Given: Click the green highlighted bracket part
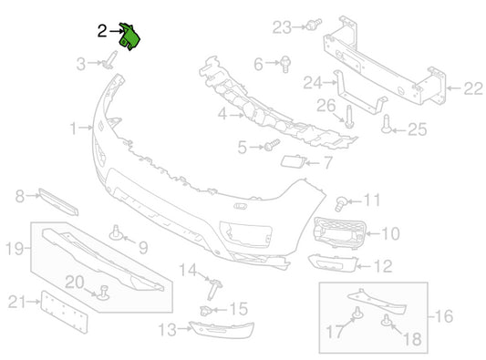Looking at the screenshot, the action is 129,37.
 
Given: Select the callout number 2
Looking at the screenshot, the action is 102,31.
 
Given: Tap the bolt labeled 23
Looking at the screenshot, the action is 314,25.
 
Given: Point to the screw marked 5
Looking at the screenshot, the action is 272,145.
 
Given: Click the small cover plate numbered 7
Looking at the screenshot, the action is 293,161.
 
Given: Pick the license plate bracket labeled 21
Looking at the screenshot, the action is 64,312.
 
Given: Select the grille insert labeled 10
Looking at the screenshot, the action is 340,232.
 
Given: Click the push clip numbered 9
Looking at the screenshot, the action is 117,233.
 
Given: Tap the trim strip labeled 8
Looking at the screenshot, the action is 58,201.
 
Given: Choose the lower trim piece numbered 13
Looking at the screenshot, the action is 222,330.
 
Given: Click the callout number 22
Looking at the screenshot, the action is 473,88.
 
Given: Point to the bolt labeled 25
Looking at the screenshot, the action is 387,125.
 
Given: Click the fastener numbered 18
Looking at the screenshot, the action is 387,320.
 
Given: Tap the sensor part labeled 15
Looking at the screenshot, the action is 205,310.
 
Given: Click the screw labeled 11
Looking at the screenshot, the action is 341,203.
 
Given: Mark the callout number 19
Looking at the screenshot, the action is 15,248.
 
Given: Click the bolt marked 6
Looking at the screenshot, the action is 285,65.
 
